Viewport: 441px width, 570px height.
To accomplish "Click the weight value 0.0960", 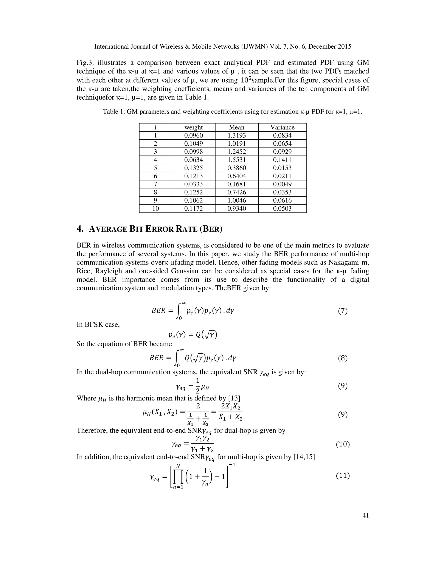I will pos(193,136).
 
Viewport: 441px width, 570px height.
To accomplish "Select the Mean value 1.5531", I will pos(236,160).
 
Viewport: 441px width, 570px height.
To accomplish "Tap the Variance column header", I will pos(282,127).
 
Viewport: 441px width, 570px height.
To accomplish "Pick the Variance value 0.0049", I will pos(282,184).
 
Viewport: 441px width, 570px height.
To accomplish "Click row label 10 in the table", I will pos(155,208).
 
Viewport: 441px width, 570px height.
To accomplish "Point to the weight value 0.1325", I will pos(193,168).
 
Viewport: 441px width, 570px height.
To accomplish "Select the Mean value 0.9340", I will pos(236,208).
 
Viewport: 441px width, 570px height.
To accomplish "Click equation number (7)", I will pos(343,311).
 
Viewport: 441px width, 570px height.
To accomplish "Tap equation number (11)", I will pos(343,476).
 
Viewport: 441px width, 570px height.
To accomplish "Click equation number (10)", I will pos(343,444).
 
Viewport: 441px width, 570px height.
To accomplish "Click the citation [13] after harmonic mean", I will pos(234,398).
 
